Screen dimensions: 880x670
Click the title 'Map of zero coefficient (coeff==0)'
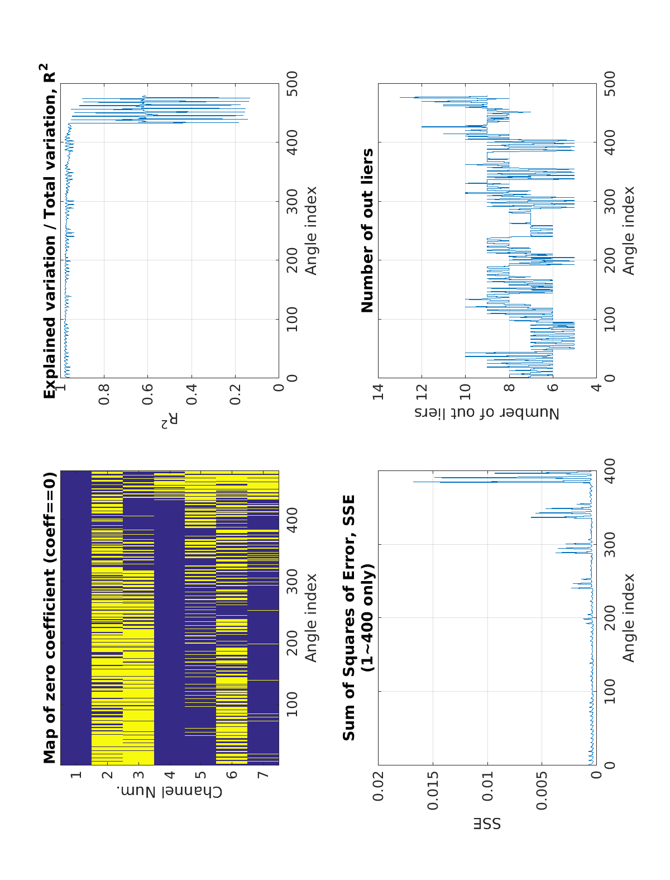tap(50, 617)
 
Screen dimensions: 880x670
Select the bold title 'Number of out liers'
tap(367, 230)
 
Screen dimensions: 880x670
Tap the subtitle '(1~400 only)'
tap(367, 617)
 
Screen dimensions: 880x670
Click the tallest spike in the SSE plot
tap(414, 482)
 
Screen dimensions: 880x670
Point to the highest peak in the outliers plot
tap(400, 98)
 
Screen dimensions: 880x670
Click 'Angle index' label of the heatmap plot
tap(310, 617)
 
